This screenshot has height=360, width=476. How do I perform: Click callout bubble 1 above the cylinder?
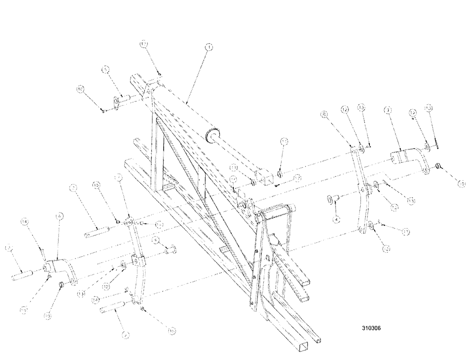[209, 47]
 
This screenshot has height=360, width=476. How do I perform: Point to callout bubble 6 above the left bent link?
[59, 216]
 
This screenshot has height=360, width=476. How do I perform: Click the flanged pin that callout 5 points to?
[120, 100]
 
